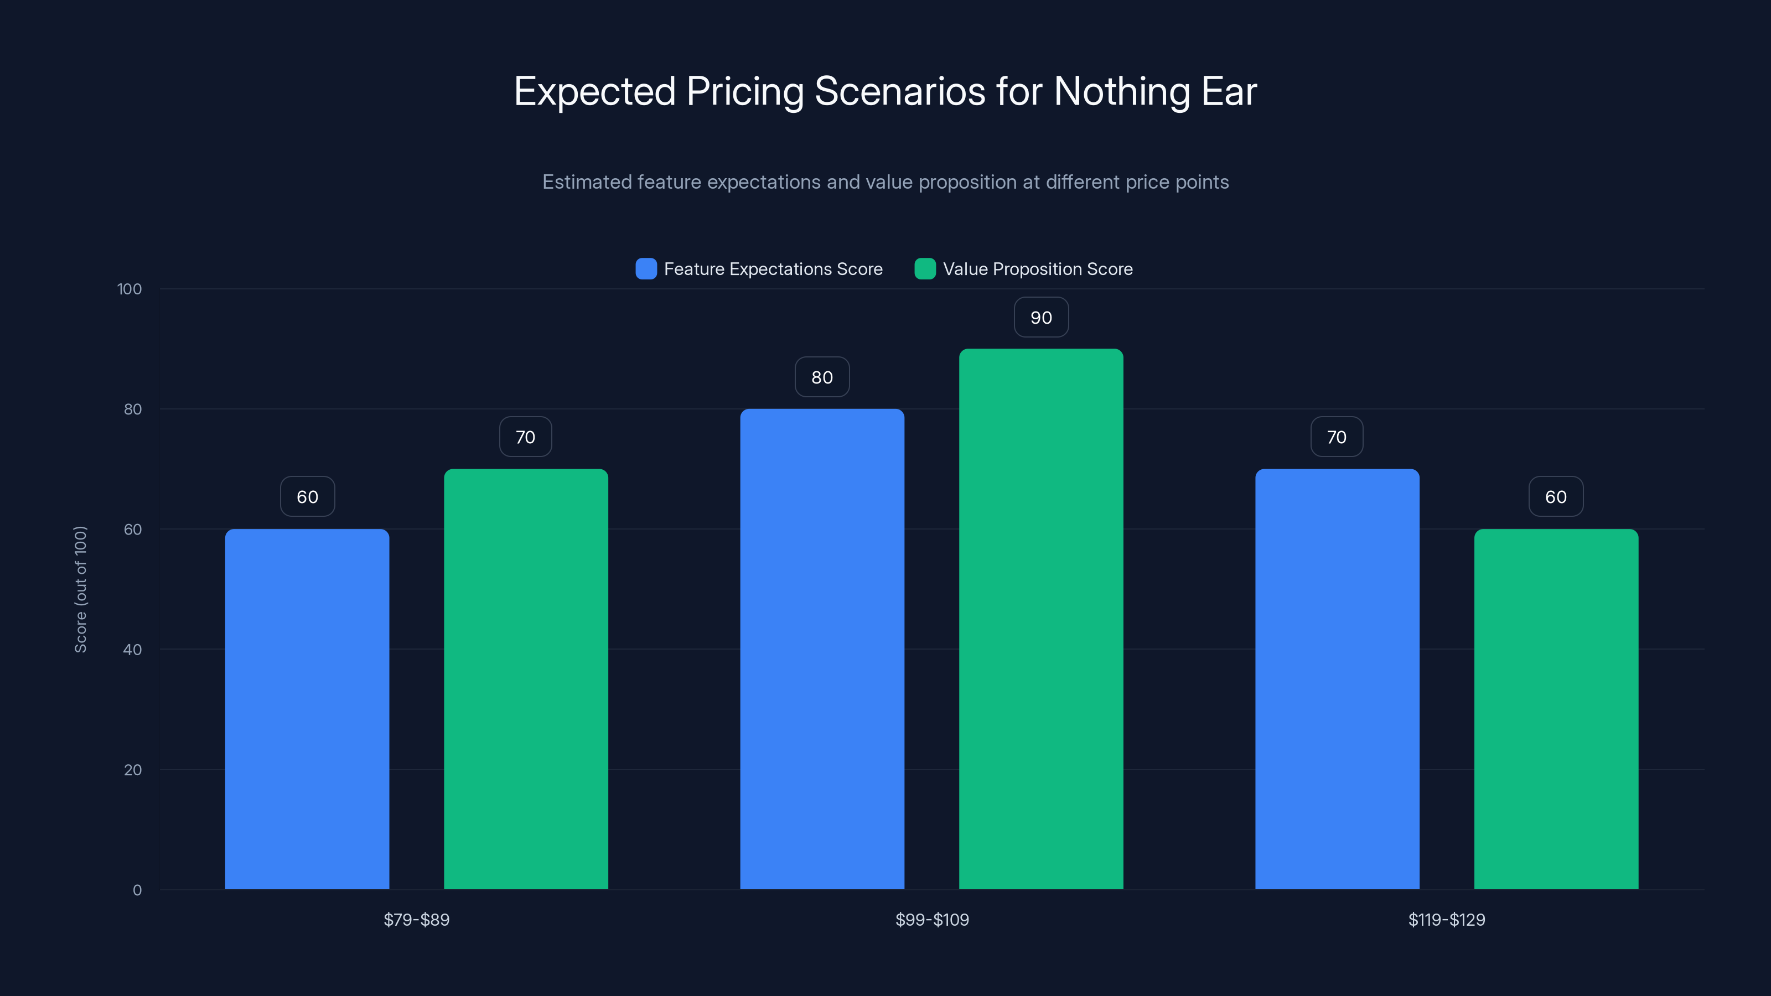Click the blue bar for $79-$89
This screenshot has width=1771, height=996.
[307, 708]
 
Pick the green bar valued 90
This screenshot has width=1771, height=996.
[1041, 619]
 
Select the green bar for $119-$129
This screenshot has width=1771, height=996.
[1556, 708]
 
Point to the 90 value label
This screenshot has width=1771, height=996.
[1041, 318]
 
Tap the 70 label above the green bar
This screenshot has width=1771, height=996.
[525, 437]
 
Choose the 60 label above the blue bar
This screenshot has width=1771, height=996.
[307, 497]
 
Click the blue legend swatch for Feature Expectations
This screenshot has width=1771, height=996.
[645, 269]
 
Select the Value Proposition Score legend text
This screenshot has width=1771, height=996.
[1038, 269]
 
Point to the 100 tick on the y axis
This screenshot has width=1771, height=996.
[130, 289]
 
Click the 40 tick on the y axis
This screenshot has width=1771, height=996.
[132, 650]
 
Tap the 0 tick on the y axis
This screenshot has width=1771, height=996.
[137, 890]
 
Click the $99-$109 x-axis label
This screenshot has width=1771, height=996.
[931, 920]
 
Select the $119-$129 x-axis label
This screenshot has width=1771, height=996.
[1447, 920]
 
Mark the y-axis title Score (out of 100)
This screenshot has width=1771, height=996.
[80, 589]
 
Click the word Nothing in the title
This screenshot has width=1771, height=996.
[1121, 91]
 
